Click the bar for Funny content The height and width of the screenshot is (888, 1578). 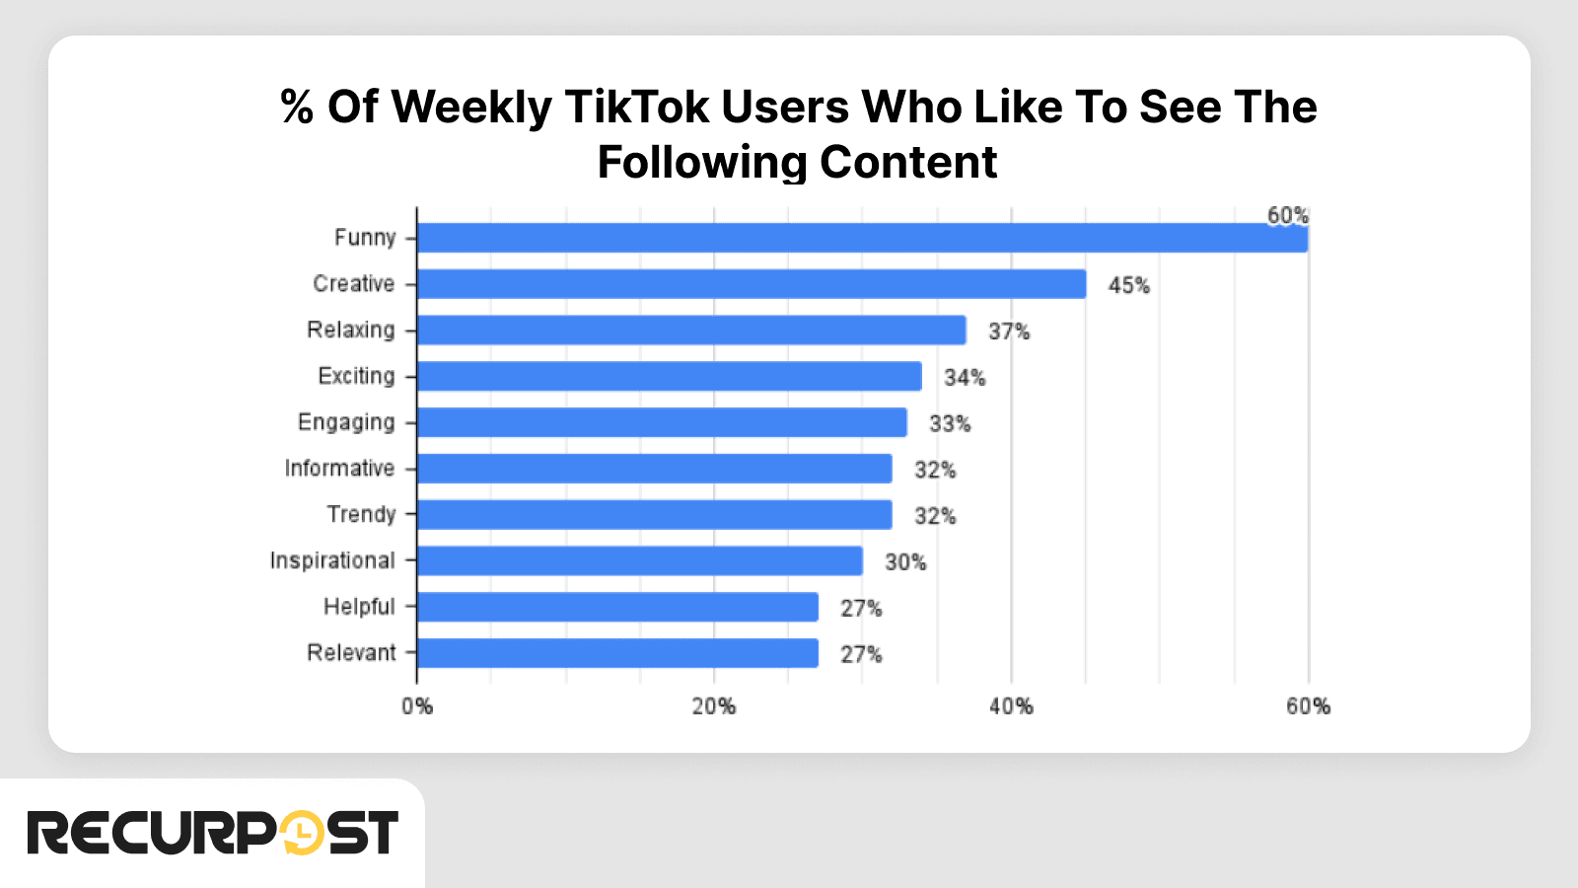[x=862, y=238]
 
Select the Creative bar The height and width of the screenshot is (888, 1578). [x=751, y=284]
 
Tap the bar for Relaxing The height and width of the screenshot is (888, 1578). [x=690, y=331]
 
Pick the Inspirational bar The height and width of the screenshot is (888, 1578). [x=639, y=561]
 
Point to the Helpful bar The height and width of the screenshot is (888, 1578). [x=617, y=608]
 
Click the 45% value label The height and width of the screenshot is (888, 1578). [x=1128, y=286]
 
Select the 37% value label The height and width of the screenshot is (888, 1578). [x=1009, y=333]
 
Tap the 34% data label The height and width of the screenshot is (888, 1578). [x=965, y=378]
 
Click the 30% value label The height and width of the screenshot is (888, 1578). [x=905, y=562]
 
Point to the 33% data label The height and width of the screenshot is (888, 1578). [x=950, y=424]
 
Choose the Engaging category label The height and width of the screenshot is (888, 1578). [x=346, y=422]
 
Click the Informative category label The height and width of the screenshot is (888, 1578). [x=339, y=469]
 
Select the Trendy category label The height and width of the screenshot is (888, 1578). [x=361, y=515]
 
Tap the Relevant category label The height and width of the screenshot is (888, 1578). [x=351, y=653]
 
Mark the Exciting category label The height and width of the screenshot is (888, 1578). [x=356, y=376]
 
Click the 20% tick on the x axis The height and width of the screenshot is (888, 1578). [x=713, y=706]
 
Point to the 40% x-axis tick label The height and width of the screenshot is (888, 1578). [x=1011, y=706]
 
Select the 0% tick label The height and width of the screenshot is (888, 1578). [x=417, y=706]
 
